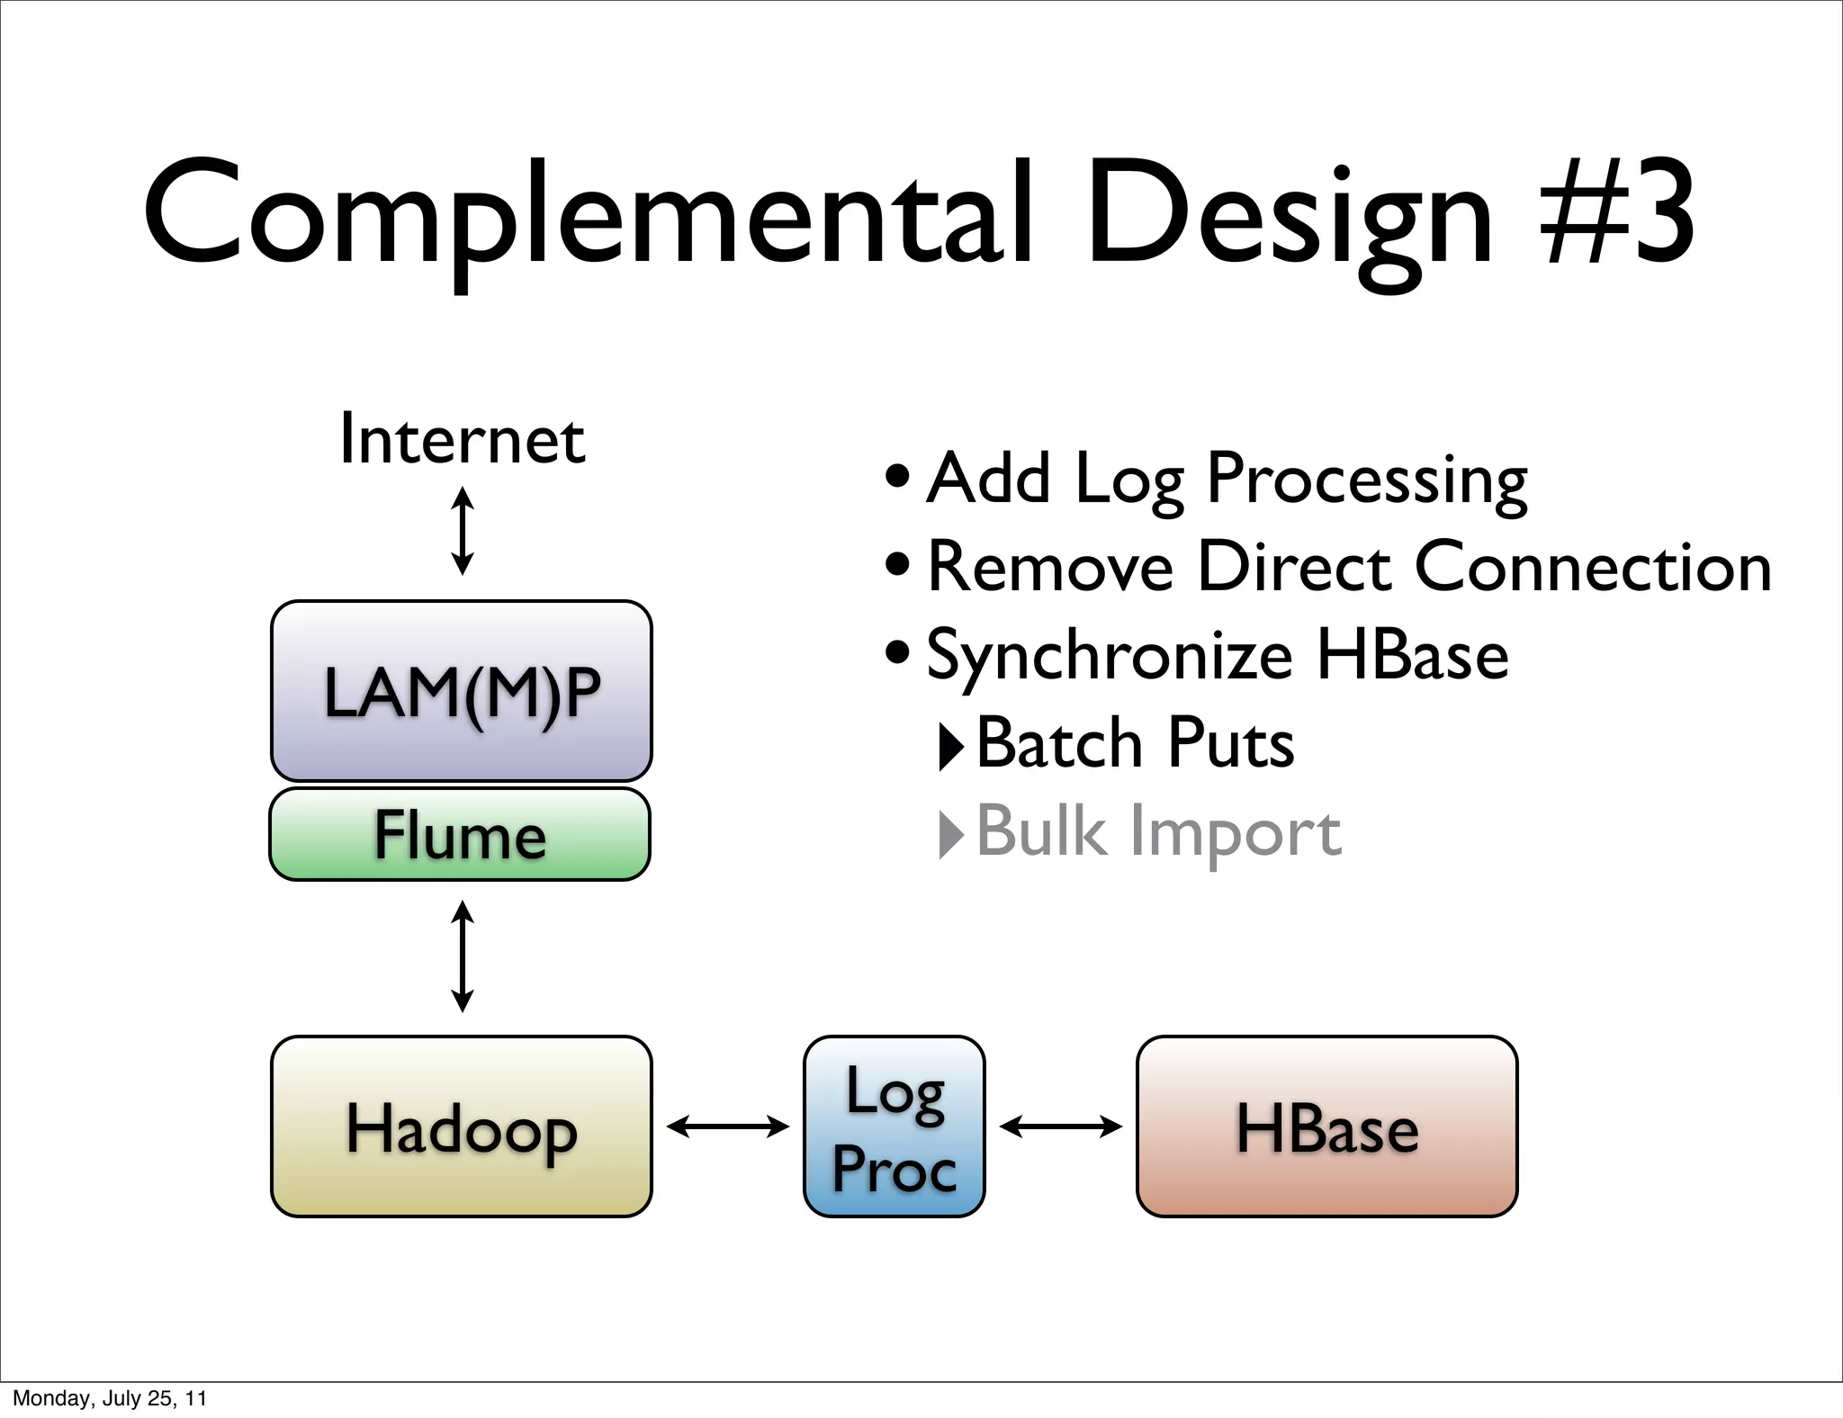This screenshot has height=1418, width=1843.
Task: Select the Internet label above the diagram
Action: click(x=462, y=439)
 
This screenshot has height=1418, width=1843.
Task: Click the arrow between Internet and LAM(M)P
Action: click(x=463, y=531)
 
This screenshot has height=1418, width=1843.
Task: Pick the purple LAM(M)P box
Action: click(x=462, y=691)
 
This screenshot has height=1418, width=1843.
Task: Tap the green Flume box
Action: click(x=460, y=834)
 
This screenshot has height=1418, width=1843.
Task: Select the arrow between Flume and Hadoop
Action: click(x=463, y=956)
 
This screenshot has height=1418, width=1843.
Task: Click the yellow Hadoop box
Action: click(x=462, y=1126)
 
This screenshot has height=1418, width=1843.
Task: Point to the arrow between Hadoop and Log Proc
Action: click(x=727, y=1126)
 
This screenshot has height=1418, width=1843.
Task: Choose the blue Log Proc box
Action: click(x=894, y=1126)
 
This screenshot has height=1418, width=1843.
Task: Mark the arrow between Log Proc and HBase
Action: click(x=1060, y=1126)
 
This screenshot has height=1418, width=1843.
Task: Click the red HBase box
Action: click(x=1326, y=1126)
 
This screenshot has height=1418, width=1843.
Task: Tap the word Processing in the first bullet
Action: click(x=1366, y=479)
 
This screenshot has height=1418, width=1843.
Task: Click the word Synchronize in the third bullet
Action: click(x=1110, y=656)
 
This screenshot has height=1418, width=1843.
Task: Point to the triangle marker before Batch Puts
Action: click(x=950, y=746)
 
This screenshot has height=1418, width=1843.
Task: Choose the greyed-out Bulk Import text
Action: click(x=1157, y=832)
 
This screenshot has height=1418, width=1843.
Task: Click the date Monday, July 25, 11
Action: click(x=110, y=1398)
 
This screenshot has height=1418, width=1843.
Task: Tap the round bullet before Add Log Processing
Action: click(x=897, y=477)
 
